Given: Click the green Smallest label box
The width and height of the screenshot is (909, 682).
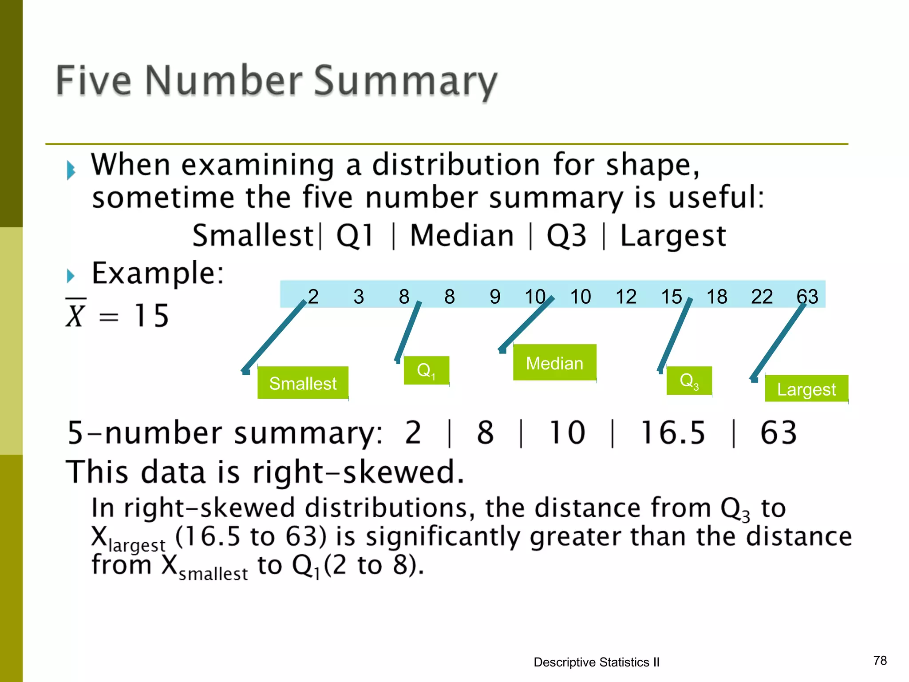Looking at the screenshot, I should point(303,383).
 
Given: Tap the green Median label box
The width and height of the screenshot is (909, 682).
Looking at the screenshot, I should point(554,363).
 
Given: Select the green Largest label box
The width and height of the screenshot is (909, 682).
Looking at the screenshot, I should point(806,389).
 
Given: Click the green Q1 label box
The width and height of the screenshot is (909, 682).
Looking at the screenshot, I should point(426,370).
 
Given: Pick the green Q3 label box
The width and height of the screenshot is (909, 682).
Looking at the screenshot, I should point(689,381).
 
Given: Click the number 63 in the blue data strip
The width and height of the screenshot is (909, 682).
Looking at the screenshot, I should point(807,296).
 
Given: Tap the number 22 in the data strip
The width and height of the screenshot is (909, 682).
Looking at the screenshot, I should point(762,296).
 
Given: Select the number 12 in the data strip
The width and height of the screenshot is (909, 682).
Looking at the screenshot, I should point(626,296).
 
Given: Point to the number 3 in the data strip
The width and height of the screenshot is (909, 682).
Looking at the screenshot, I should point(359,296).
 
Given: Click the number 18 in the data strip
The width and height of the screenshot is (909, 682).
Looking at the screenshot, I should point(717,296).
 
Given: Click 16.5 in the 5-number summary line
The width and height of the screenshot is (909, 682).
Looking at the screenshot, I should point(673,432).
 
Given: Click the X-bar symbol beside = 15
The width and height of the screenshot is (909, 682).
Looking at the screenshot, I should point(75,314).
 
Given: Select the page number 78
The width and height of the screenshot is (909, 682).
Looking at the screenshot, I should point(880,661).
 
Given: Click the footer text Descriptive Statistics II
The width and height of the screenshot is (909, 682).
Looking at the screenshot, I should point(597,662).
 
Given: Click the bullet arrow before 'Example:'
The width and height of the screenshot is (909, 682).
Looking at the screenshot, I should point(71,276).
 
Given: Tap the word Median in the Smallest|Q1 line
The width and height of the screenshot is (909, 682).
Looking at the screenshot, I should point(462,235).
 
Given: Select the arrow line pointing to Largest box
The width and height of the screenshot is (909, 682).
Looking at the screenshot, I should point(779,340).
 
